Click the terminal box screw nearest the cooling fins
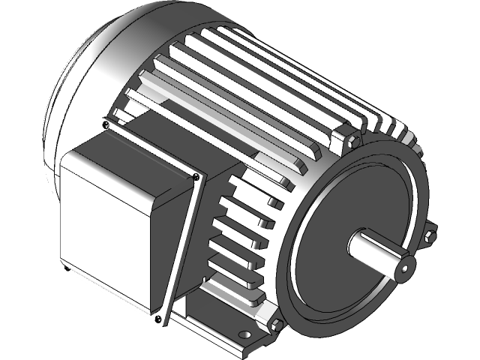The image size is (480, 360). [196, 176]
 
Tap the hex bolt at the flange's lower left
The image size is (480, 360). [275, 325]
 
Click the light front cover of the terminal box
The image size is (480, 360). [109, 225]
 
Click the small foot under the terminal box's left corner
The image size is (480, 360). [66, 268]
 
